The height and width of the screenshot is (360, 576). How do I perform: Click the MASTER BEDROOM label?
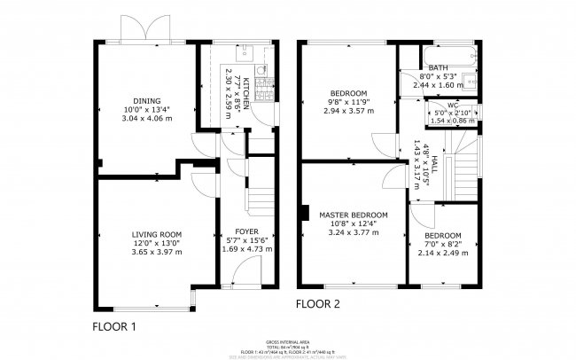pyautogui.click(x=354, y=215)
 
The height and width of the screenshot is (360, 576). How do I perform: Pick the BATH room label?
pyautogui.click(x=438, y=67)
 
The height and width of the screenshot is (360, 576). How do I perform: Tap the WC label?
pyautogui.click(x=451, y=102)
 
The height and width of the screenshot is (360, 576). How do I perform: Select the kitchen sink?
pyautogui.click(x=247, y=50)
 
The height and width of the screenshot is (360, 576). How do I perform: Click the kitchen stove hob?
pyautogui.click(x=263, y=86)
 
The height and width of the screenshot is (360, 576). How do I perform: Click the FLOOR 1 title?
pyautogui.click(x=114, y=326)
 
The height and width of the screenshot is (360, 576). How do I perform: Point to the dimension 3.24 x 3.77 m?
pyautogui.click(x=354, y=233)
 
